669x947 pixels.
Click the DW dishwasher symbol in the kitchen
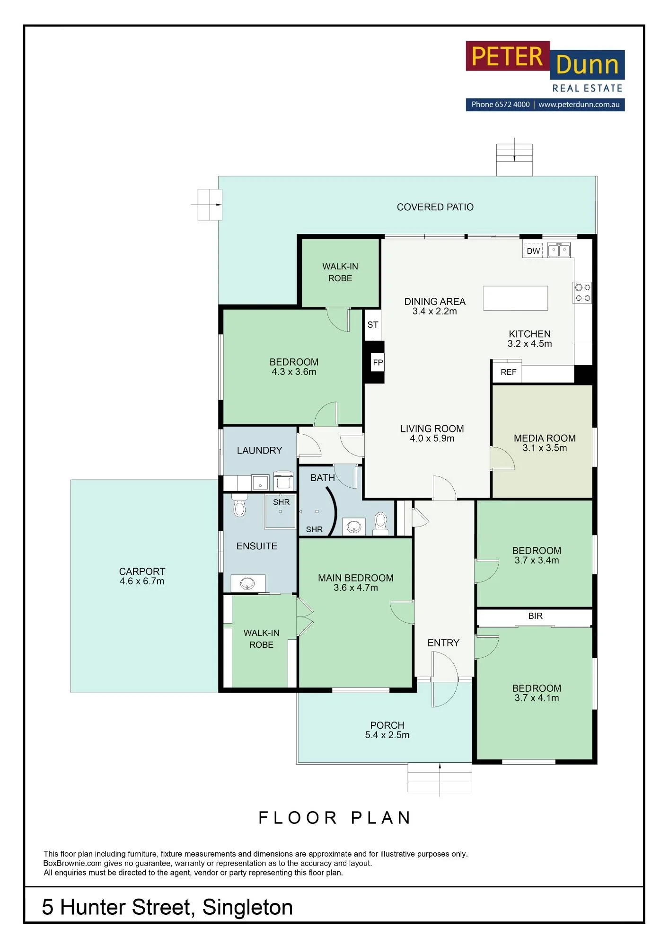click(x=533, y=251)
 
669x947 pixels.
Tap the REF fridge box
click(x=508, y=372)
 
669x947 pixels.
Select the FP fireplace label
click(x=378, y=363)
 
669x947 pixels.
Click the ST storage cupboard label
click(x=373, y=325)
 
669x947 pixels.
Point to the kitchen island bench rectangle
click(x=515, y=298)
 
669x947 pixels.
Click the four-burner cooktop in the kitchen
click(x=582, y=292)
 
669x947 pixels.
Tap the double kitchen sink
click(x=559, y=250)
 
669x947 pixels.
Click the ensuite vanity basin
click(x=247, y=584)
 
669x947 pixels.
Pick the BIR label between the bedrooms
click(x=535, y=616)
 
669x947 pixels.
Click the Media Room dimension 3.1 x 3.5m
click(x=545, y=448)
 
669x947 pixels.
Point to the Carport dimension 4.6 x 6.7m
click(x=142, y=581)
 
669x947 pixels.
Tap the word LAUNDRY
click(x=259, y=450)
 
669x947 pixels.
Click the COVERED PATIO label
click(x=435, y=207)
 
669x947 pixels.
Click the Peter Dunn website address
click(x=579, y=105)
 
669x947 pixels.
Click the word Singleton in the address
click(x=247, y=907)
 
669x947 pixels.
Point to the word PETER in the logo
click(x=507, y=56)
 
